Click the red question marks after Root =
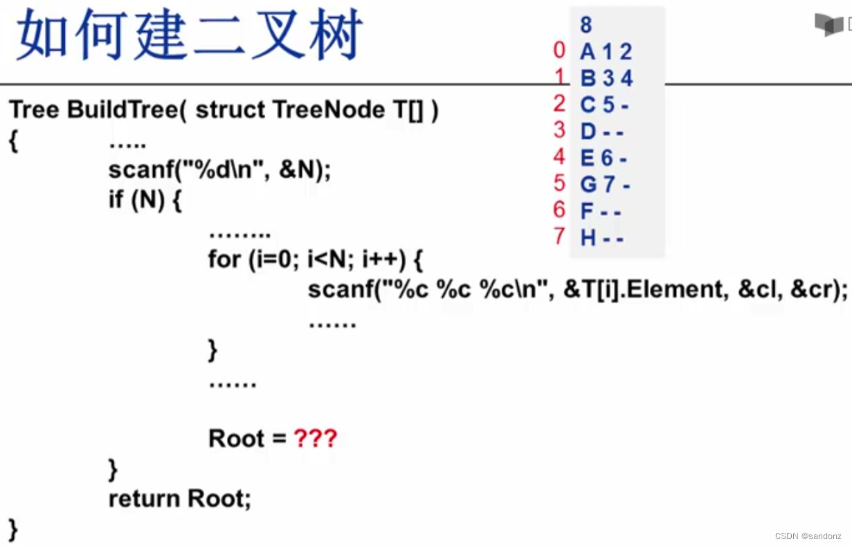(x=315, y=439)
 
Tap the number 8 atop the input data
(x=586, y=26)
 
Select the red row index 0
(x=559, y=51)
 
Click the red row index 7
(x=559, y=237)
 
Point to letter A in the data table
(x=588, y=52)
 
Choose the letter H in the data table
(x=588, y=239)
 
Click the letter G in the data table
(x=588, y=185)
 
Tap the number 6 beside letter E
(x=607, y=158)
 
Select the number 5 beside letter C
(x=608, y=104)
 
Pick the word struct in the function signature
(x=230, y=110)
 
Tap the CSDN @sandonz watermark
(x=808, y=536)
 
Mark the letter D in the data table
(x=588, y=131)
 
